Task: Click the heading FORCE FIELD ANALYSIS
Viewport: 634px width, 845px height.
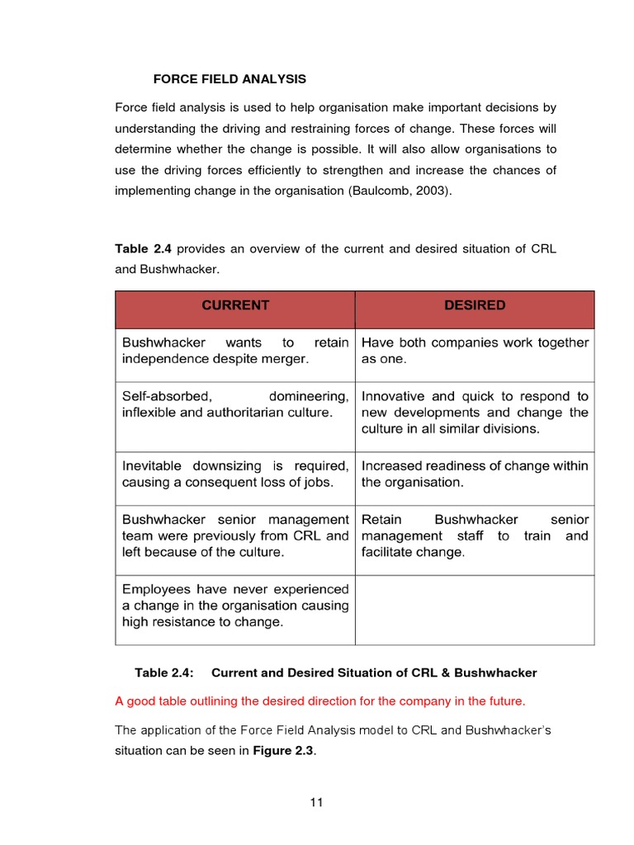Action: point(229,79)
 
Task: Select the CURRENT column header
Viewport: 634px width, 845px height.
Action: point(235,305)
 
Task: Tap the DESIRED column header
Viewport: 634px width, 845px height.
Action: point(475,305)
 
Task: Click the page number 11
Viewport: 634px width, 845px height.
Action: point(317,803)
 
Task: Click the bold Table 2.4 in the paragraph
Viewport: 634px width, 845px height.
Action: point(144,249)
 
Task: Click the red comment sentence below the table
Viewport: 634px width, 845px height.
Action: point(319,701)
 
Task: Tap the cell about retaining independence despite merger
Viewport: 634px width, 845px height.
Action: point(235,351)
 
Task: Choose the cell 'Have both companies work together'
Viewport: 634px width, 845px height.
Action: point(475,351)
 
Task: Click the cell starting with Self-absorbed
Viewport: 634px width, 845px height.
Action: point(235,404)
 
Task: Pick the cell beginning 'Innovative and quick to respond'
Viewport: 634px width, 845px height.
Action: point(475,413)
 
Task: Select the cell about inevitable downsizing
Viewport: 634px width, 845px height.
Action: point(235,474)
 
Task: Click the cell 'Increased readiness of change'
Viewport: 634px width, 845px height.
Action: point(475,474)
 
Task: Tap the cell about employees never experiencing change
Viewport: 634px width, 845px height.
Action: point(235,606)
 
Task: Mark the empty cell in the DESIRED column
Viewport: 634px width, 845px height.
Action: point(475,609)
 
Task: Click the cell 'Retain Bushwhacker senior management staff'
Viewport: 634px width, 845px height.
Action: point(475,536)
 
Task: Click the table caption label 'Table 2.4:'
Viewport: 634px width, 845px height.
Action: point(164,673)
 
